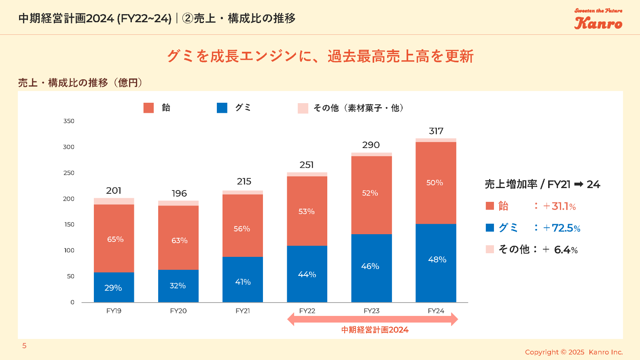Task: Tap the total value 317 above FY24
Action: tap(436, 131)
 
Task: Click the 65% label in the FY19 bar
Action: tap(115, 239)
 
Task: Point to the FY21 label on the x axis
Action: tap(243, 311)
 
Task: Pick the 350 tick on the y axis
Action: tap(69, 121)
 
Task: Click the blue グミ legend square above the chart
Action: tap(222, 108)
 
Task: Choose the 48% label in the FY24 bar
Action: tap(437, 260)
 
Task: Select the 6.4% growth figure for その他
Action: tap(566, 250)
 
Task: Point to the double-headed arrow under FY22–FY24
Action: tap(372, 319)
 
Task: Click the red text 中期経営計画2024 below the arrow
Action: tap(375, 330)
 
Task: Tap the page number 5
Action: tap(24, 346)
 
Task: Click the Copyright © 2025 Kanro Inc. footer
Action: tap(574, 352)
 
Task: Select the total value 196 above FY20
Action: tap(179, 193)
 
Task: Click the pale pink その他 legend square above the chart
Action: tap(303, 108)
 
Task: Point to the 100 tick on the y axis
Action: tap(69, 250)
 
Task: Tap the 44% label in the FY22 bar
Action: tap(307, 275)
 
